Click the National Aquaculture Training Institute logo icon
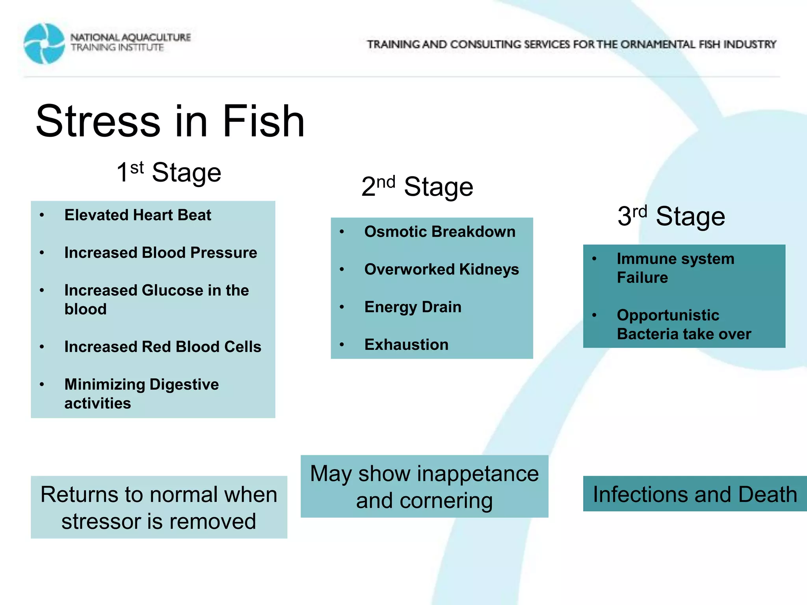pos(44,44)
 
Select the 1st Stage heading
pos(169,173)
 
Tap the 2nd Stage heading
pos(417,186)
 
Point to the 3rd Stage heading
pos(671,216)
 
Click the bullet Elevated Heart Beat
pos(138,215)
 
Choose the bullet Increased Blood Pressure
pos(160,252)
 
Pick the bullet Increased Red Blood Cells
pos(163,347)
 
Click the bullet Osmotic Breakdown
pos(440,232)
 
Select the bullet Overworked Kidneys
pos(441,269)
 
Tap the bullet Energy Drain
pos(413,307)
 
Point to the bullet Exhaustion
pos(406,345)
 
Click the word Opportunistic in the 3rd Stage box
pos(668,315)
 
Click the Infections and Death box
pos(695,494)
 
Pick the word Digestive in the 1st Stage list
pos(184,384)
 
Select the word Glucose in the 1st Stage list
pos(172,290)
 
